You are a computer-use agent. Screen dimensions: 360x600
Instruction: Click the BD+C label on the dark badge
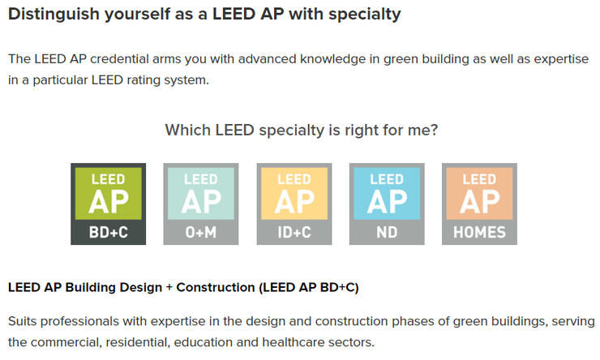coord(109,233)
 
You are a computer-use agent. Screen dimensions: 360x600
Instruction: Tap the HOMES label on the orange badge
coord(478,233)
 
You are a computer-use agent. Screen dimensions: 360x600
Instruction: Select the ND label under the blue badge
coord(386,233)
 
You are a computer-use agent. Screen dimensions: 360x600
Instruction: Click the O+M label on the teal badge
coord(200,233)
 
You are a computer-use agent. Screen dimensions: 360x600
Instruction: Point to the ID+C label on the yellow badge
coord(294,233)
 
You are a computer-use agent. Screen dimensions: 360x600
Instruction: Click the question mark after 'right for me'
coord(435,130)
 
